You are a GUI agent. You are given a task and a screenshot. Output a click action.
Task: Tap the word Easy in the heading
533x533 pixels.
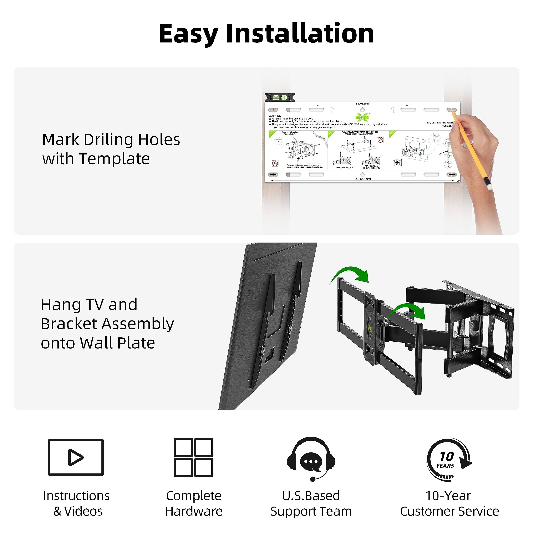tap(188, 34)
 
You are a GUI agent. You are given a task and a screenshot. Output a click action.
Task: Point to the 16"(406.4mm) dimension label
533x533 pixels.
tap(363, 179)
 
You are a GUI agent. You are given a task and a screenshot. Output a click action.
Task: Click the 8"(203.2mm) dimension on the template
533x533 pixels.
tap(363, 104)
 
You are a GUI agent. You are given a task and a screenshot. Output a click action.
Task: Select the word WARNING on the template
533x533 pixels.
tap(275, 116)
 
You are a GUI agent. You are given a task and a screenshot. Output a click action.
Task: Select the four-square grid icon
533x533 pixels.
tap(193, 457)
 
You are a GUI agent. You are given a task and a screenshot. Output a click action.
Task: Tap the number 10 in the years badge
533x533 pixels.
tap(446, 457)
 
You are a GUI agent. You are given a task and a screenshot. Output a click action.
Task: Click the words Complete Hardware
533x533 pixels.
tap(194, 503)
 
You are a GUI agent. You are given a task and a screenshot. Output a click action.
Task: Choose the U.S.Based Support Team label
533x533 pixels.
tap(311, 503)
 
